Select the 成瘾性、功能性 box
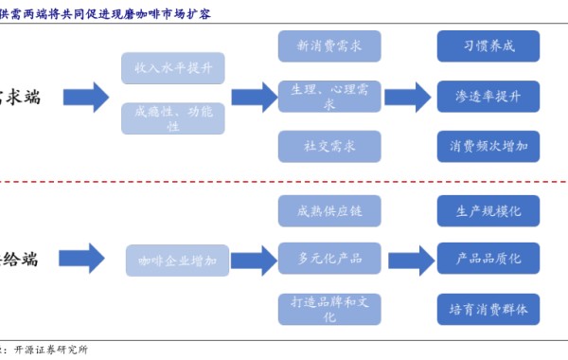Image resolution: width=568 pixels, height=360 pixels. [x=173, y=118]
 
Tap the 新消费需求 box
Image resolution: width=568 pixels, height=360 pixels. [x=329, y=45]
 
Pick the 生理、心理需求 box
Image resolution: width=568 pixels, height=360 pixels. [x=329, y=96]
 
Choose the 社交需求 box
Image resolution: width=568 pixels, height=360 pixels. [x=329, y=146]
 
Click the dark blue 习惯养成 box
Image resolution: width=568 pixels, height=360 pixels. [x=488, y=45]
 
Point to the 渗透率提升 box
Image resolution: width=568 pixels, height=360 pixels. [x=488, y=96]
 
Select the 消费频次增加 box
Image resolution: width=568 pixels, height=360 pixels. [x=488, y=146]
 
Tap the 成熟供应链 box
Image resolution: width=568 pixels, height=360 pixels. [x=329, y=208]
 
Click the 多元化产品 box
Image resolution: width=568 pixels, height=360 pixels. [x=329, y=258]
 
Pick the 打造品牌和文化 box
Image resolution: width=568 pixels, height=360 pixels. [x=329, y=309]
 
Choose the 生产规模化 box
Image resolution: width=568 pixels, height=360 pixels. [x=488, y=208]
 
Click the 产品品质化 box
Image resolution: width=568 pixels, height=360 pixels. [x=488, y=258]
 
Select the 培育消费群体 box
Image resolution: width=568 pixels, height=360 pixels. [x=488, y=309]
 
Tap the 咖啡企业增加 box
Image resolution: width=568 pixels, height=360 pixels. [x=178, y=260]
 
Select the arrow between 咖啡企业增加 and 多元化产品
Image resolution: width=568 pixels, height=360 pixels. [x=253, y=259]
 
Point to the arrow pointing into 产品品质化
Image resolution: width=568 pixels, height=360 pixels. [x=410, y=259]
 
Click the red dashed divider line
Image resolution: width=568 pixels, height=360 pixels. [x=284, y=181]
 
